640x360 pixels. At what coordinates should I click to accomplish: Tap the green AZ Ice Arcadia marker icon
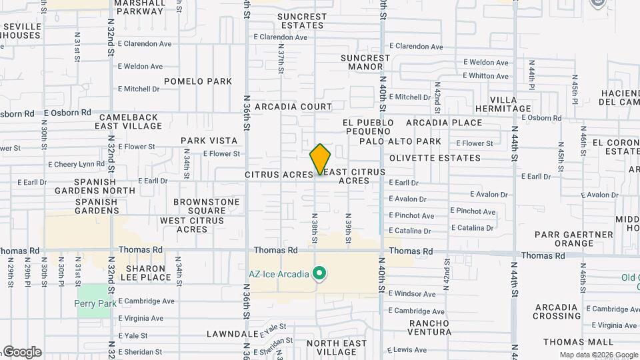tap(320, 273)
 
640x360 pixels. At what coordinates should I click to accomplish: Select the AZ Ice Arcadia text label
tap(279, 274)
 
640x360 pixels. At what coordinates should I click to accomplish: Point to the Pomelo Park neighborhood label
tap(197, 81)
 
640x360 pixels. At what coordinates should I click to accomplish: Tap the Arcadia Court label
tap(293, 107)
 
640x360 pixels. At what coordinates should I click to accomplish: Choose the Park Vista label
tap(209, 141)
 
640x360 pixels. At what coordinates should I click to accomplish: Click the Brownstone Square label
tap(206, 206)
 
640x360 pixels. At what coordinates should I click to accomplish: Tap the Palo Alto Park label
tap(400, 141)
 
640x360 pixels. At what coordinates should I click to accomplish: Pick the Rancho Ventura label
tap(420, 327)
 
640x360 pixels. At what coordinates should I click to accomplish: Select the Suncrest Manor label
tap(365, 62)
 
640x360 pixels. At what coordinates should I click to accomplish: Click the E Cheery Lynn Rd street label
tap(76, 164)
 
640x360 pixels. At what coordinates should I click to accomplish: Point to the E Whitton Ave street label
tap(486, 76)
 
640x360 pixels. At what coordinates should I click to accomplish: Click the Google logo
tap(21, 351)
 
